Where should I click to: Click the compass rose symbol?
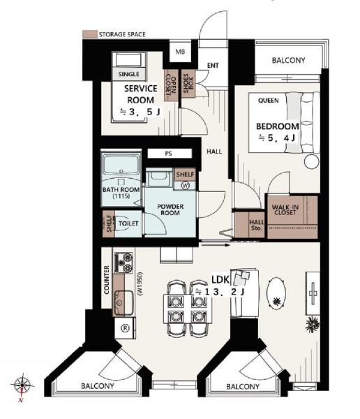(22, 385)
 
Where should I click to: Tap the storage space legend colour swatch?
(90, 34)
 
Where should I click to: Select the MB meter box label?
(180, 52)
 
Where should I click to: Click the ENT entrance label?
(213, 66)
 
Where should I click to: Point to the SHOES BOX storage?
(188, 83)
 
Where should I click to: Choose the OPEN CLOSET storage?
(171, 85)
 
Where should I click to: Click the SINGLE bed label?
(129, 74)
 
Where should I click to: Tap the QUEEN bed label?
(269, 101)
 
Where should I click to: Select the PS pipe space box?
(170, 154)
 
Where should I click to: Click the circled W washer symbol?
(185, 185)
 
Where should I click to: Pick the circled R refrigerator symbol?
(125, 328)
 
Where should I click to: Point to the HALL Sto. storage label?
(257, 226)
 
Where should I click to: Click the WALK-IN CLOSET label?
(285, 209)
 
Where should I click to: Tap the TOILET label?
(128, 223)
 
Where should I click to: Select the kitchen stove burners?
(124, 263)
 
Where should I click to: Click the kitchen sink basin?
(123, 302)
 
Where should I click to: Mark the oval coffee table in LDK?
(276, 294)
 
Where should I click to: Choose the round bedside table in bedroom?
(312, 161)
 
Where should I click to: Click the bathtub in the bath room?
(121, 163)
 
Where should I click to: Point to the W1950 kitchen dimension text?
(140, 284)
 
